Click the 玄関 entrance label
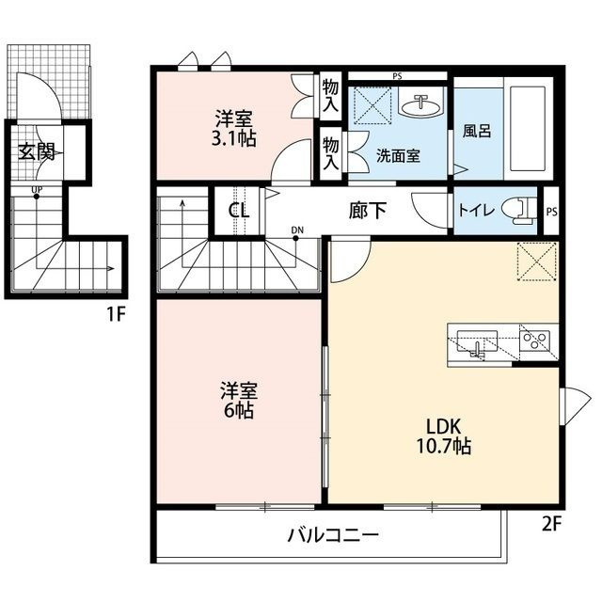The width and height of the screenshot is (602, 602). (38, 151)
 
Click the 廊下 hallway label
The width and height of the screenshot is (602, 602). (368, 210)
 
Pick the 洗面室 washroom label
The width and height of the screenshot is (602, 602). (398, 156)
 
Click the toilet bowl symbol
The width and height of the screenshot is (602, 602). (515, 209)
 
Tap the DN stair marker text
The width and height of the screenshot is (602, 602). (297, 229)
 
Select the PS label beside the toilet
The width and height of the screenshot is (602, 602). (552, 212)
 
